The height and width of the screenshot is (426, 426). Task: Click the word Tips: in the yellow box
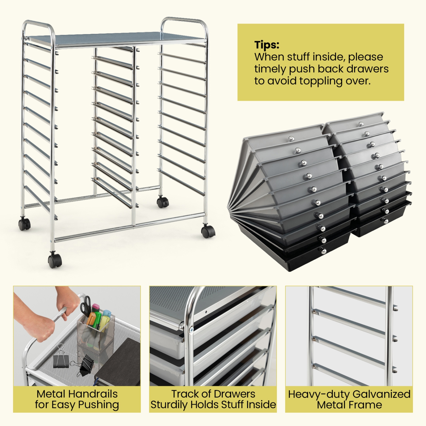[267, 45]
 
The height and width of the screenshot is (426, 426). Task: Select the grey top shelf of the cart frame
[115, 39]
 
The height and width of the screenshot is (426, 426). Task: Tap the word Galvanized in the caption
[381, 394]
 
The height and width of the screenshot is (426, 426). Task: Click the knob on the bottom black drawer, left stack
[323, 251]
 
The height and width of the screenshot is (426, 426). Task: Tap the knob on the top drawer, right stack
[361, 124]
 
